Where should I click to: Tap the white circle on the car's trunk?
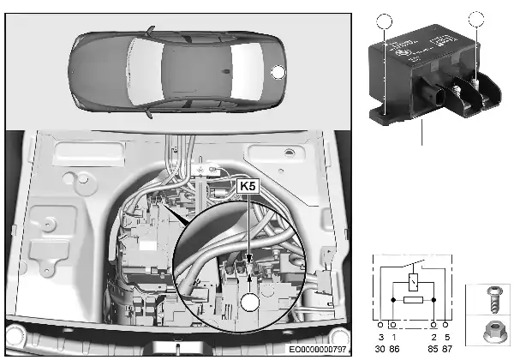pos(278,73)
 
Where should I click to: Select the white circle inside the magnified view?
pos(250,302)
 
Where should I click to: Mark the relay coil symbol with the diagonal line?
pos(415,281)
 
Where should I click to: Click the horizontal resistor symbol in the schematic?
pos(415,300)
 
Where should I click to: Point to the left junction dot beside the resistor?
pos(393,300)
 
